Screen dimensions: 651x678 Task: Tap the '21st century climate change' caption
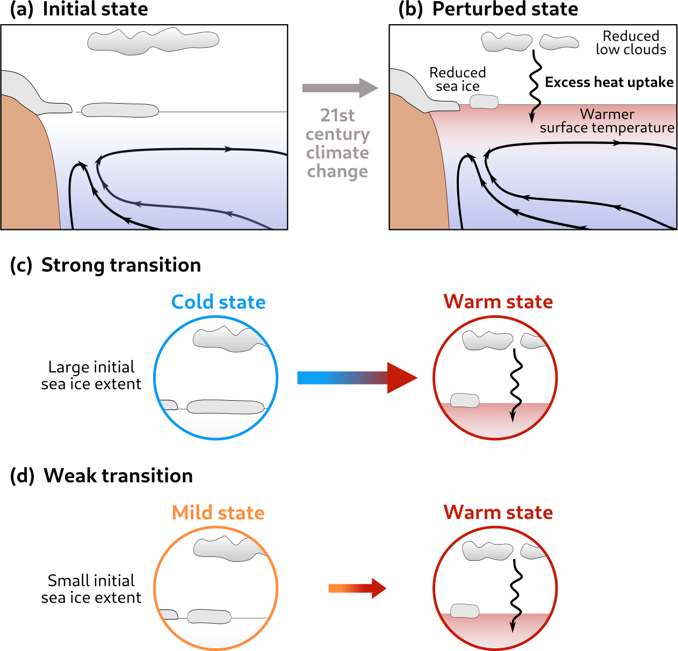(x=337, y=143)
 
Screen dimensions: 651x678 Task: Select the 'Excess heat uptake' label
(x=609, y=82)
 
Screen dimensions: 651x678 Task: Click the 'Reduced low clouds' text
(x=631, y=43)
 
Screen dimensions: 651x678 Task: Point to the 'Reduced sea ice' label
(x=457, y=79)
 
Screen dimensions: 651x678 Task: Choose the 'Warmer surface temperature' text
(x=607, y=121)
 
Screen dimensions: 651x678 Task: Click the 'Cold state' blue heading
(x=218, y=302)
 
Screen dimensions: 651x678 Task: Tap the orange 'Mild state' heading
(x=218, y=512)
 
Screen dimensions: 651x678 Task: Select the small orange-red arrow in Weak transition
(x=357, y=588)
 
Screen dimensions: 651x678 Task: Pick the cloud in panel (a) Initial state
(x=153, y=41)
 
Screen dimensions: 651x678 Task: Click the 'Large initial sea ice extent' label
(x=91, y=375)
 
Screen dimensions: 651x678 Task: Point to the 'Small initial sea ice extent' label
(x=91, y=589)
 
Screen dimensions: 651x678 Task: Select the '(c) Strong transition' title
(x=105, y=265)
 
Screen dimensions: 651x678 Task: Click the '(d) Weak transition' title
(x=102, y=476)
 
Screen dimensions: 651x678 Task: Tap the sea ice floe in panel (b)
(x=484, y=102)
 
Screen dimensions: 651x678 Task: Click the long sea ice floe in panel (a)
(x=120, y=110)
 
